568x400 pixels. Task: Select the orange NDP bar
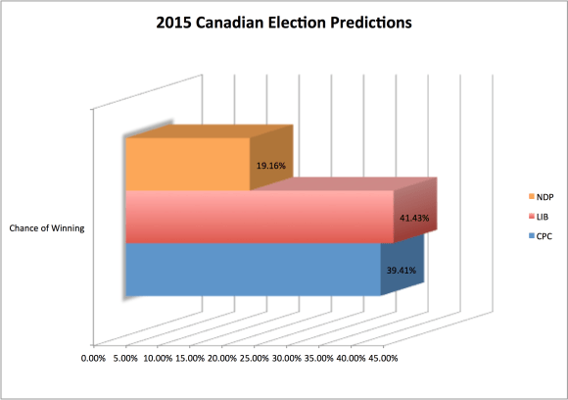tap(186, 164)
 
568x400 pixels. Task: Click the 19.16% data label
tap(269, 166)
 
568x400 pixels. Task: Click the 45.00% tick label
tap(381, 358)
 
